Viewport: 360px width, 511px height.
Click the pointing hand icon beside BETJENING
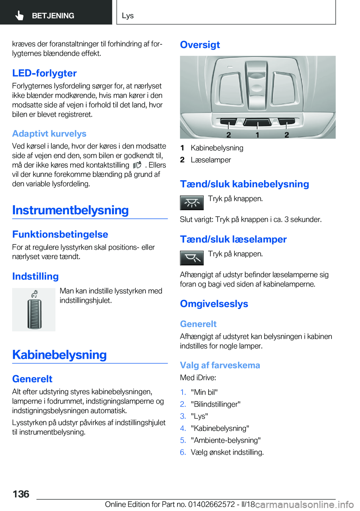pyautogui.click(x=19, y=15)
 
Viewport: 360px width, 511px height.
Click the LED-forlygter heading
pyautogui.click(x=44, y=73)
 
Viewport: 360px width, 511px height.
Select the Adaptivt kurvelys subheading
pyautogui.click(x=49, y=134)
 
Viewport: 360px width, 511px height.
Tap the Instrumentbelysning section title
pyautogui.click(x=70, y=210)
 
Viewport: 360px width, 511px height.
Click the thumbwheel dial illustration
pyautogui.click(x=34, y=310)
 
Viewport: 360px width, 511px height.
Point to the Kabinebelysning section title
pyautogui.click(x=59, y=355)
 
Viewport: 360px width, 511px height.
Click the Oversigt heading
pyautogui.click(x=200, y=45)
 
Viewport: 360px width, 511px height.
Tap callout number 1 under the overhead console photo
pyautogui.click(x=257, y=135)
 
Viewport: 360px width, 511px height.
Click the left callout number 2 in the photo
pyautogui.click(x=228, y=135)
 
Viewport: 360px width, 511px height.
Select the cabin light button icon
pyautogui.click(x=192, y=203)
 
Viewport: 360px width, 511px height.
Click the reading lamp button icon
pyautogui.click(x=192, y=258)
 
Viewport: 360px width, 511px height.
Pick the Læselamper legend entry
pyautogui.click(x=211, y=160)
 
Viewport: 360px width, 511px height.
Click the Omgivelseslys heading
pyautogui.click(x=214, y=304)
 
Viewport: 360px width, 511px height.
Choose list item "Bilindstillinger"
pyautogui.click(x=216, y=404)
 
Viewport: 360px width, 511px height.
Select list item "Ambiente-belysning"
pyautogui.click(x=226, y=440)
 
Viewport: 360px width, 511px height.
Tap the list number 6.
pyautogui.click(x=183, y=452)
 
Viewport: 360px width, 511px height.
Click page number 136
pyautogui.click(x=21, y=494)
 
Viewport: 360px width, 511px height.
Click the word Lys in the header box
pyautogui.click(x=127, y=15)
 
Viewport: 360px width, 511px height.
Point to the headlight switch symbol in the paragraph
pyautogui.click(x=137, y=165)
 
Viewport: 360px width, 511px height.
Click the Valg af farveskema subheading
pyautogui.click(x=220, y=365)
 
